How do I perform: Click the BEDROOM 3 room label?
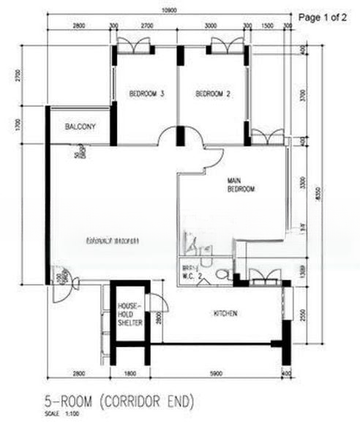click(146, 94)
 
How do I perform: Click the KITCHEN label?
click(225, 314)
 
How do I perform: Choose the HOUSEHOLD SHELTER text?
click(129, 315)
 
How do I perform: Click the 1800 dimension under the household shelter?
click(129, 375)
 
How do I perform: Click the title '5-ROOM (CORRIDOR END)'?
click(118, 402)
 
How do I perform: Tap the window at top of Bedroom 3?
click(133, 45)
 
